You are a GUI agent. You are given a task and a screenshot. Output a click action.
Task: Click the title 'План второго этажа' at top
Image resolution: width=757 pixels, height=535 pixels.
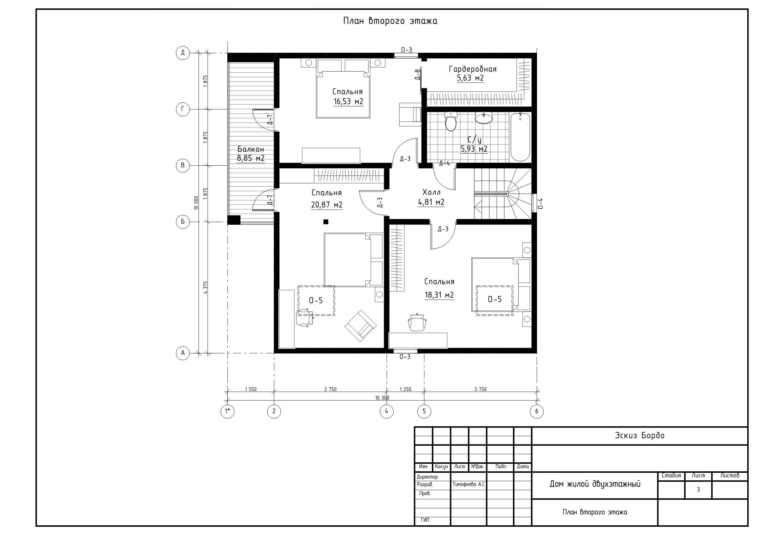click(x=390, y=21)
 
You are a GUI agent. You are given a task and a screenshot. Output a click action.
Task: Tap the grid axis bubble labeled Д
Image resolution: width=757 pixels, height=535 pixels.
click(x=183, y=53)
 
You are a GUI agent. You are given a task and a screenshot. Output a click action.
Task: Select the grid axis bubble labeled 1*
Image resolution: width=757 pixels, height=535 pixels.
click(x=228, y=411)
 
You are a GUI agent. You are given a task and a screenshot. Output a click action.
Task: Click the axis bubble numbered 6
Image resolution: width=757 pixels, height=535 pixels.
click(x=537, y=411)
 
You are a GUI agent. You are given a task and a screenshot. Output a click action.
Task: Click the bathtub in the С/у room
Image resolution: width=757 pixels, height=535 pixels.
click(x=520, y=136)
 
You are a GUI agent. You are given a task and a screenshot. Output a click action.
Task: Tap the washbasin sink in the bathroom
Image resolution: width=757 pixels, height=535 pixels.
click(x=484, y=118)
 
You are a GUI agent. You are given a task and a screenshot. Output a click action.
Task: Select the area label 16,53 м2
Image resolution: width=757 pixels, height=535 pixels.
click(x=348, y=102)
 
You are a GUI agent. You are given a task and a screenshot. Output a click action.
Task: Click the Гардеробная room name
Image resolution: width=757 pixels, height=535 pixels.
click(x=472, y=69)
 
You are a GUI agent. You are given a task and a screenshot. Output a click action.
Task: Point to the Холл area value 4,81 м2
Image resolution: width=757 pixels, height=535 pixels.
click(x=431, y=202)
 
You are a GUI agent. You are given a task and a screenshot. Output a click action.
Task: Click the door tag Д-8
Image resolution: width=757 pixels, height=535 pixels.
click(x=417, y=74)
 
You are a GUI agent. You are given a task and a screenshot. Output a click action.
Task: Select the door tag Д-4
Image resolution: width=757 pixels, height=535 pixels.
click(x=445, y=163)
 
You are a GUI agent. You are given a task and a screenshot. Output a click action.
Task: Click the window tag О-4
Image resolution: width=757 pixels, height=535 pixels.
click(x=540, y=203)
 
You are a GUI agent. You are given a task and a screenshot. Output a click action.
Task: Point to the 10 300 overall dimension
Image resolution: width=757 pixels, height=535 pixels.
click(x=382, y=398)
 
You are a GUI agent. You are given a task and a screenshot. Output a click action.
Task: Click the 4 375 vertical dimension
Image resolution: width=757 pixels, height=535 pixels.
click(x=205, y=287)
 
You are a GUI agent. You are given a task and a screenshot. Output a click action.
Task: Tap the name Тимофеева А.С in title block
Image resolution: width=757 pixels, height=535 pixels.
click(x=468, y=484)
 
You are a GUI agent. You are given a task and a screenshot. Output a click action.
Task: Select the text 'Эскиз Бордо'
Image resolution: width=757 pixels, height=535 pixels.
click(x=640, y=436)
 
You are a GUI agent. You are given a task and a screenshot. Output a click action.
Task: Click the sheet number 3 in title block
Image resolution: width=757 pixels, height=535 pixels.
click(x=698, y=490)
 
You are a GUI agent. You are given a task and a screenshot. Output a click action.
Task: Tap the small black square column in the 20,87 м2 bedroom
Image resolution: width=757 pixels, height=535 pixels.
click(x=326, y=222)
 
